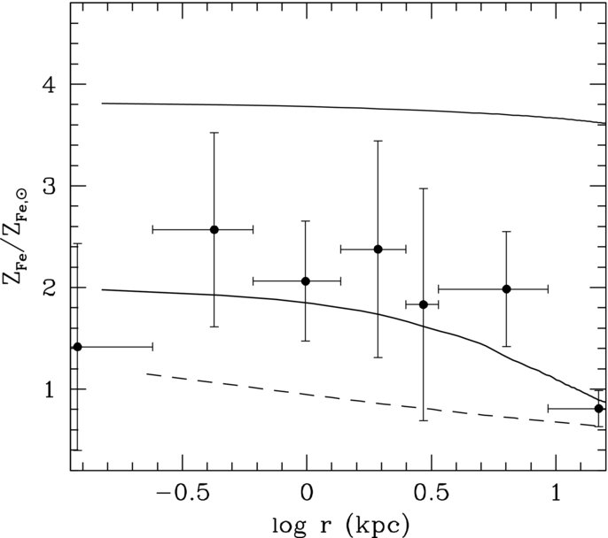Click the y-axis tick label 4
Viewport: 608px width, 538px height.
pos(50,84)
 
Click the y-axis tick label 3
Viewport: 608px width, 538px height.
pos(50,186)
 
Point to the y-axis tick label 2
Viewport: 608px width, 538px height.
pos(50,288)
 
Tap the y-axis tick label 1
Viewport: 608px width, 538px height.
pos(50,389)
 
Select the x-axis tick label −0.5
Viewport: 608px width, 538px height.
pos(182,493)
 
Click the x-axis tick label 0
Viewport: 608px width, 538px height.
pos(307,493)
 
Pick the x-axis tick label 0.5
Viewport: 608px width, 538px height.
pos(431,493)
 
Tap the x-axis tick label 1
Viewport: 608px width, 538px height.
pos(557,493)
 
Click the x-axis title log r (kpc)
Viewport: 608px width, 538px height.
pos(340,525)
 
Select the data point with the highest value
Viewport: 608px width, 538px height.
pos(214,229)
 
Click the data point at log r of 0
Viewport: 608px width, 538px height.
pos(306,281)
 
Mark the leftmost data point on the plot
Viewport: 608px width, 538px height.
pos(77,346)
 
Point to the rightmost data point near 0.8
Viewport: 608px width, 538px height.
pos(599,408)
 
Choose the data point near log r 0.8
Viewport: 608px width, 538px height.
pos(506,288)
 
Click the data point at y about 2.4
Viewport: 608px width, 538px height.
pos(378,250)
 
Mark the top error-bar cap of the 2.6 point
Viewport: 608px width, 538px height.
pos(214,133)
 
